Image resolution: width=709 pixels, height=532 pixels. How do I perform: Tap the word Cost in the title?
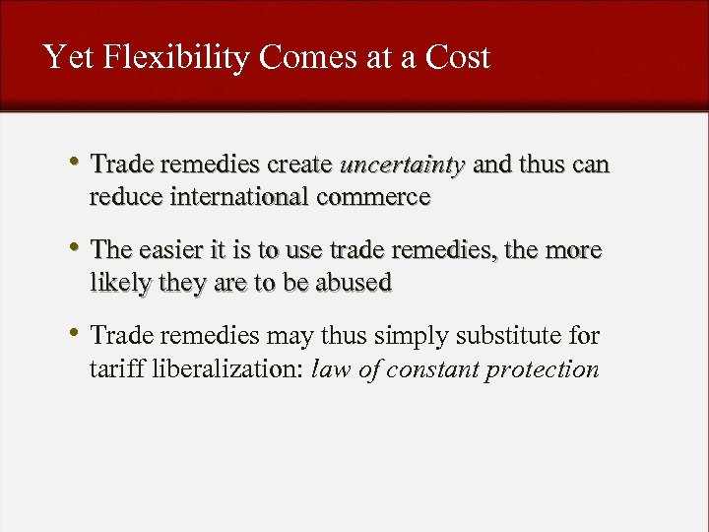(x=458, y=57)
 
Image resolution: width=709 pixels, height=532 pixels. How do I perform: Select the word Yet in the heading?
(x=68, y=57)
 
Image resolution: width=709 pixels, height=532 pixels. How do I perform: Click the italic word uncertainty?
(x=402, y=165)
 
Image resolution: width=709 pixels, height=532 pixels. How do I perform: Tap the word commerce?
(x=374, y=196)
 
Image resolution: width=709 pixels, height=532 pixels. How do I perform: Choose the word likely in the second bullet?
(x=118, y=283)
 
